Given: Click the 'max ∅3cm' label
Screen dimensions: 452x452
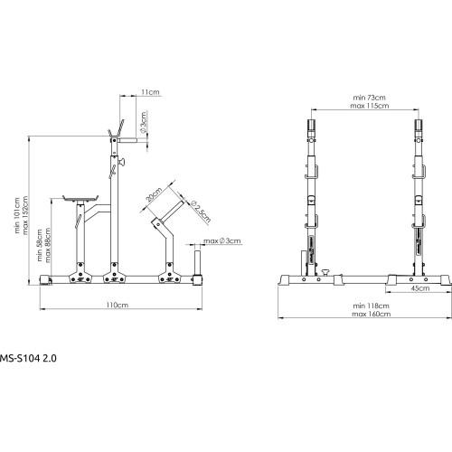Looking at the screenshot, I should pos(224,240).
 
